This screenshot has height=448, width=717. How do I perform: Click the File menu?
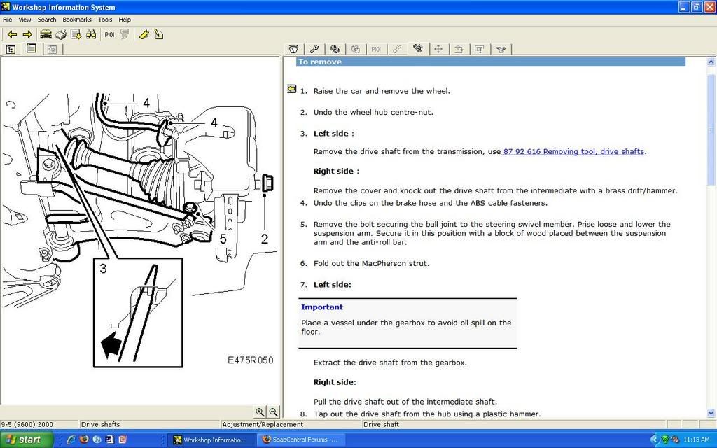8,20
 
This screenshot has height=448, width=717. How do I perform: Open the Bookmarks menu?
77,20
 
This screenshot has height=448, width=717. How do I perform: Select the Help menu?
125,20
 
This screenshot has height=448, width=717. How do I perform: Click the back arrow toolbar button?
12,34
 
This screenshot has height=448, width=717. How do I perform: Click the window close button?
709,7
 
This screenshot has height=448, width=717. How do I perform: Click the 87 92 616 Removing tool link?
573,151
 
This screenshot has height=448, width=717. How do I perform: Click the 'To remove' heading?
320,62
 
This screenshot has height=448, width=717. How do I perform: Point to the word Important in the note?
322,307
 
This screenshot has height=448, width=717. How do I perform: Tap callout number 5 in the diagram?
223,239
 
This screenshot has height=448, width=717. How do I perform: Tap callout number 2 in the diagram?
264,239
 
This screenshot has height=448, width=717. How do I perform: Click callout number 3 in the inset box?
103,268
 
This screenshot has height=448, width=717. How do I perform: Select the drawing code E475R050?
250,360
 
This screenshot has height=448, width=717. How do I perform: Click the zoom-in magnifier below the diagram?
260,412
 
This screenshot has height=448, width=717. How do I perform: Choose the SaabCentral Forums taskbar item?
299,440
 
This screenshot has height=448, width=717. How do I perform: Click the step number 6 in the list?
304,263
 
